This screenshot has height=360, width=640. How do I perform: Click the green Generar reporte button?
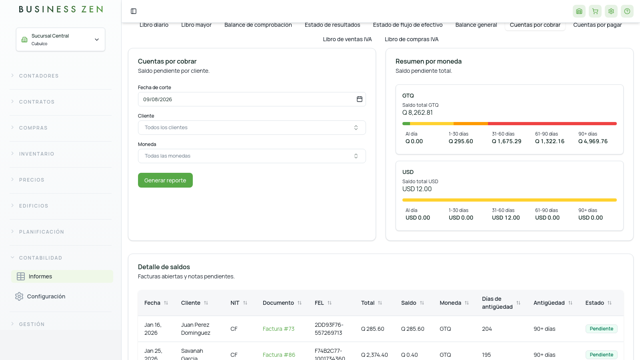pos(165,180)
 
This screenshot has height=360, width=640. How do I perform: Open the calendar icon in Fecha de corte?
pos(360,99)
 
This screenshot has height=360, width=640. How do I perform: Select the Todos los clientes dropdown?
pos(252,128)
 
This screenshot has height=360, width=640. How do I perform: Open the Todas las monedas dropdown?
pos(252,156)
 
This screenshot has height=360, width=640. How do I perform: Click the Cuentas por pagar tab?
pos(598,25)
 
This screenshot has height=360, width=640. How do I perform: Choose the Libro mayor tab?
pos(196,25)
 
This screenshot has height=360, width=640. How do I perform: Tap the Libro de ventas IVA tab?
pos(347,39)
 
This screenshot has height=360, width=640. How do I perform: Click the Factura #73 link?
pos(278,329)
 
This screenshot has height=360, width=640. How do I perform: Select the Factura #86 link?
pos(279,355)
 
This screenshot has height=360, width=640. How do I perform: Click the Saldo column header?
pos(408,303)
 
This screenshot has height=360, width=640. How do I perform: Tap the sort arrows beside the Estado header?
pos(610,303)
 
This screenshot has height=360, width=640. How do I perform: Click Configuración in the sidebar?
pos(46,296)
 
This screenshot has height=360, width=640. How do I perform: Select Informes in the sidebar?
pos(40,276)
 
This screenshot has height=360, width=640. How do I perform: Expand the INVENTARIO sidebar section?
pos(36,154)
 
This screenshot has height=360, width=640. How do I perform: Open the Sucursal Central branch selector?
pos(60,40)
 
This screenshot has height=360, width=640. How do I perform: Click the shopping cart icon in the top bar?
pos(595,11)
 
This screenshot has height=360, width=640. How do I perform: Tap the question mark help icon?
pos(627,11)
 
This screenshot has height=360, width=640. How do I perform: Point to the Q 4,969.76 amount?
pos(593,141)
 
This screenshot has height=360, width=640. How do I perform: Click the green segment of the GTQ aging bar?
pos(406,124)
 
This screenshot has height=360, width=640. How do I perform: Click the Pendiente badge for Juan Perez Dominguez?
pos(602,329)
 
